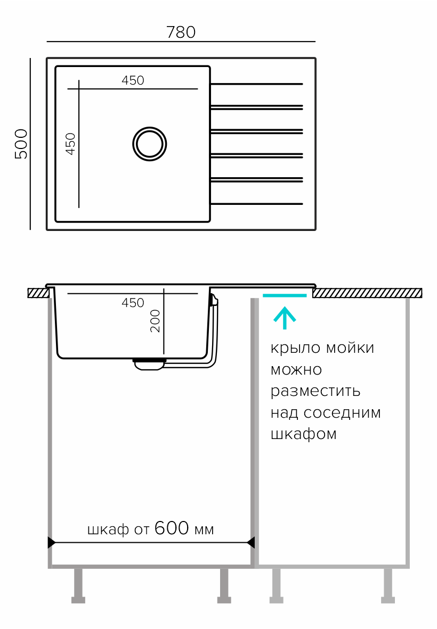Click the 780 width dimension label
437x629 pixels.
click(x=181, y=32)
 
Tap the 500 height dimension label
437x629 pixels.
click(x=21, y=144)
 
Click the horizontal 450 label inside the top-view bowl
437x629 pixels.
click(x=133, y=80)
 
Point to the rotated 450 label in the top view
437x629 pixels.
click(x=70, y=144)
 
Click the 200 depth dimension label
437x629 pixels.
click(x=155, y=321)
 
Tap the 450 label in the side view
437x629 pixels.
click(x=133, y=302)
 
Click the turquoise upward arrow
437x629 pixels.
click(x=285, y=318)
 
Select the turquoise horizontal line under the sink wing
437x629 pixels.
click(x=285, y=295)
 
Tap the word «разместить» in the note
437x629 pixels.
click(x=315, y=391)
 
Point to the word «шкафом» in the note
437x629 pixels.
click(x=304, y=434)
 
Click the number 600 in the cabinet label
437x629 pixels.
click(x=172, y=528)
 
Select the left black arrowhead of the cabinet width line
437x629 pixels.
click(x=51, y=542)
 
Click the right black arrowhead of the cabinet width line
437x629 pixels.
click(x=251, y=542)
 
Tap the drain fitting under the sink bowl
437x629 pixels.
click(x=149, y=364)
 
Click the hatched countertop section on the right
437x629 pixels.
click(x=367, y=293)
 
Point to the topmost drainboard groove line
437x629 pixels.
click(x=256, y=84)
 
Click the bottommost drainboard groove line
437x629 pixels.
click(x=256, y=204)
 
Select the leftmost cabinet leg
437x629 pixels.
click(x=78, y=586)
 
